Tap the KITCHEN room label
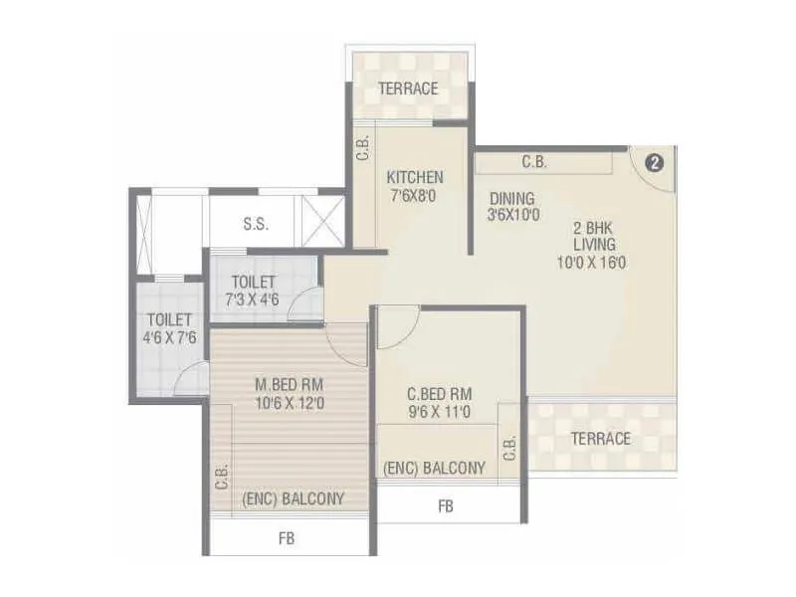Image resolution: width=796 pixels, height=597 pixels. tap(415, 178)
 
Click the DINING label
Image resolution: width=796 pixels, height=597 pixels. tap(511, 198)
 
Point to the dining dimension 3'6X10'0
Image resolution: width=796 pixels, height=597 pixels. tap(513, 214)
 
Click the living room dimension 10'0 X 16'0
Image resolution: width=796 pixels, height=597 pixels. tap(592, 263)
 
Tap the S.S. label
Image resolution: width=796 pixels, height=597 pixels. tap(256, 225)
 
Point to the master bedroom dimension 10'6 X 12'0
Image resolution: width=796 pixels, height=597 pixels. tap(290, 402)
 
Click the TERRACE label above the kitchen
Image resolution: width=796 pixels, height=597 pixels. tap(408, 89)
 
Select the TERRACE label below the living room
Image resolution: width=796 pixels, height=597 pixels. tap(600, 438)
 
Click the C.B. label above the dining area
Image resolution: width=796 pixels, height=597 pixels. tap(533, 162)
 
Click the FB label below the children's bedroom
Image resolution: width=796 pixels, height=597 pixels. tap(446, 506)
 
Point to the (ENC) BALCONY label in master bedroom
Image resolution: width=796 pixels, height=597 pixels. tap(294, 498)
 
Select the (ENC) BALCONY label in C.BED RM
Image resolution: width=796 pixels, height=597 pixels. tap(435, 467)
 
